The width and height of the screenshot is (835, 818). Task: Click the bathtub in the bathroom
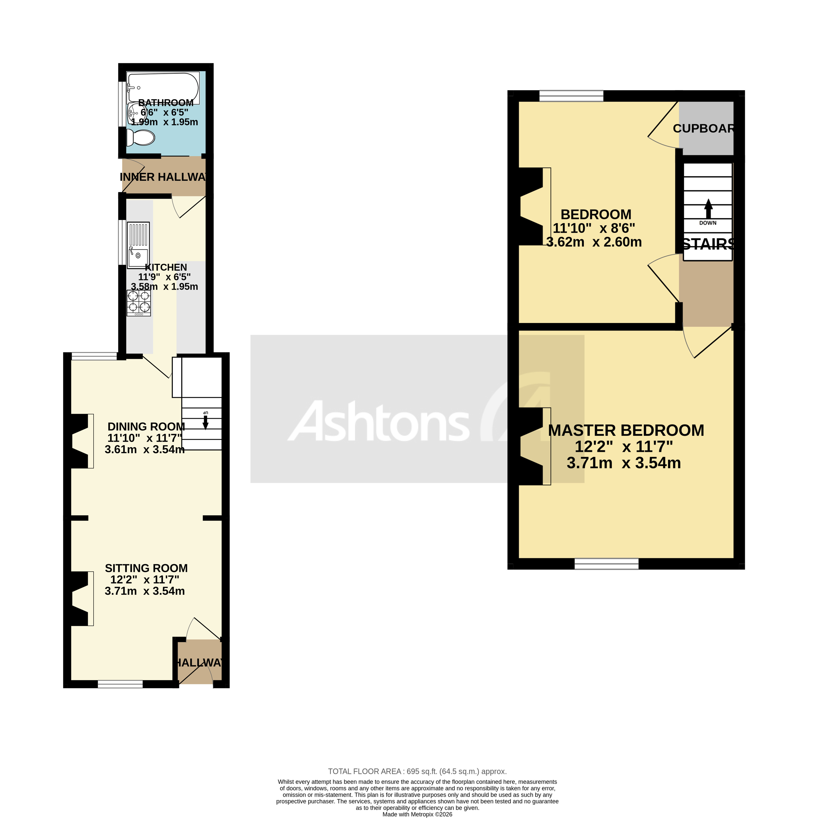(x=163, y=87)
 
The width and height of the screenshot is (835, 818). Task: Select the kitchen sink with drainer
(x=138, y=245)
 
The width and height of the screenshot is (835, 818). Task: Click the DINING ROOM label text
(x=146, y=427)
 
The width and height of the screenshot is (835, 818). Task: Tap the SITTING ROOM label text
(x=146, y=568)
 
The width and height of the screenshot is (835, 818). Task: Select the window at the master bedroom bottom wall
(x=606, y=563)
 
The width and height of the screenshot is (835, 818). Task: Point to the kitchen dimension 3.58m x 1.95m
(x=164, y=287)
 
